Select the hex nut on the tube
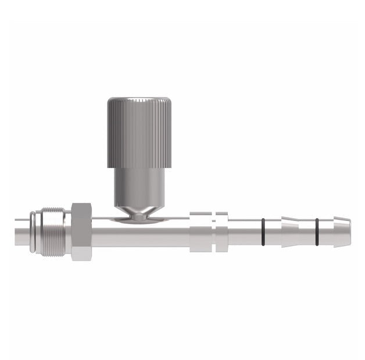coord(81,231)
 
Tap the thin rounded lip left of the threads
coord(35,231)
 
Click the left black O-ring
coord(264,231)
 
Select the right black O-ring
coord(317,231)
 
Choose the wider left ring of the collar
coord(201,231)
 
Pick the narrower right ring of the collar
coord(221,231)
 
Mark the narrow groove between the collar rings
coord(214,231)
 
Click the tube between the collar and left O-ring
coord(244,231)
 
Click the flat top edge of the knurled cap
coord(139,98)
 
